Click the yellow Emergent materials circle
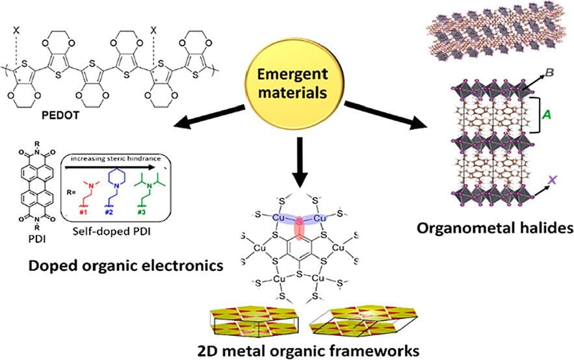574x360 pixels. pos(287,85)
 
